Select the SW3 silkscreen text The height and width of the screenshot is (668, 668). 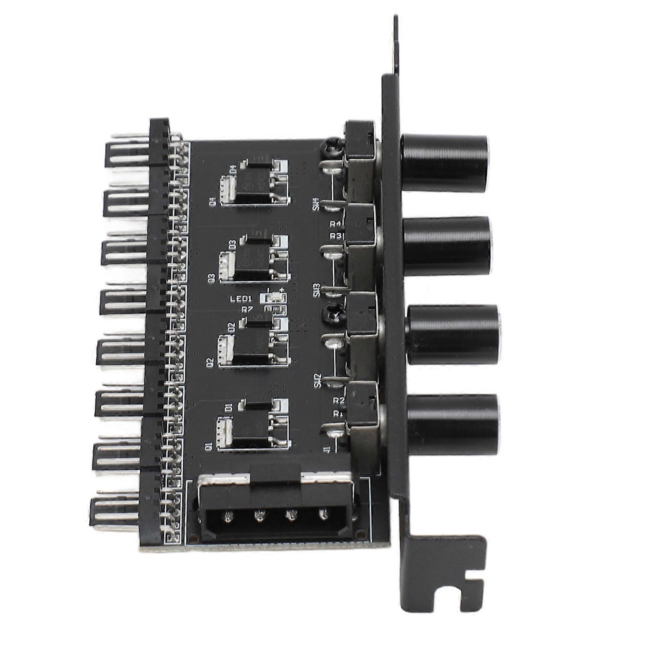point(317,290)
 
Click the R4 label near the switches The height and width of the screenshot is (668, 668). point(335,224)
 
